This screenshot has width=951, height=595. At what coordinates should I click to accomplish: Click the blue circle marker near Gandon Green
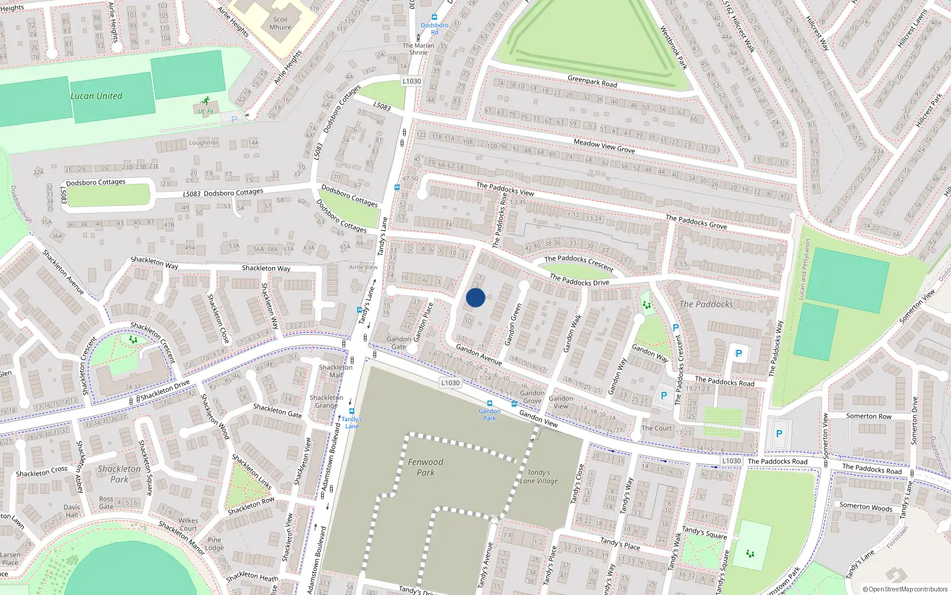pyautogui.click(x=475, y=297)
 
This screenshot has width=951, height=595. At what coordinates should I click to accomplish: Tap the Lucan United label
pyautogui.click(x=96, y=96)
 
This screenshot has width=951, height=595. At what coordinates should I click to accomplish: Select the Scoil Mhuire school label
pyautogui.click(x=280, y=23)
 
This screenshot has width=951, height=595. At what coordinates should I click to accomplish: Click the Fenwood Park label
pyautogui.click(x=426, y=467)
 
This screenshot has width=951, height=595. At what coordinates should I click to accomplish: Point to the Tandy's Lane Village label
pyautogui.click(x=539, y=477)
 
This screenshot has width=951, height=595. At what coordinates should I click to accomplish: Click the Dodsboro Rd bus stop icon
pyautogui.click(x=434, y=18)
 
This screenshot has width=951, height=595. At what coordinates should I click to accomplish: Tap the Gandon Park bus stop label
pyautogui.click(x=490, y=415)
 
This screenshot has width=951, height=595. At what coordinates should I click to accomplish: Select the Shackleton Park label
pyautogui.click(x=119, y=474)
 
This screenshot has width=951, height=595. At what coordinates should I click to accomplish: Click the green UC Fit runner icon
pyautogui.click(x=206, y=101)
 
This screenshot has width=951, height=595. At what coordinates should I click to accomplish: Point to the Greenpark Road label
pyautogui.click(x=592, y=82)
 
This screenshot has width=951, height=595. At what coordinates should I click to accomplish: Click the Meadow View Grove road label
pyautogui.click(x=604, y=146)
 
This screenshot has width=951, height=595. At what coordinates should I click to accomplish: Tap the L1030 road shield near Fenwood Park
pyautogui.click(x=451, y=383)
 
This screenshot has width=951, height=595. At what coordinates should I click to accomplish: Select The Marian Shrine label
pyautogui.click(x=418, y=49)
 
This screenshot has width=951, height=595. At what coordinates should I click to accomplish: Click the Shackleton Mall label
pyautogui.click(x=336, y=371)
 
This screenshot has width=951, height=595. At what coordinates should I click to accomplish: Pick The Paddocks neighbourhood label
pyautogui.click(x=706, y=304)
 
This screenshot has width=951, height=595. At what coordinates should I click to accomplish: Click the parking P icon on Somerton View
pyautogui.click(x=779, y=434)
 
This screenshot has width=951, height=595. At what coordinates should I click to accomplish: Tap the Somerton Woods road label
pyautogui.click(x=866, y=507)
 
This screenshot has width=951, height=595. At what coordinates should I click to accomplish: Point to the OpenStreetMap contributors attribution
pyautogui.click(x=905, y=589)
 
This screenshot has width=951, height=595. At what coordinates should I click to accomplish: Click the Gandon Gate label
pyautogui.click(x=399, y=343)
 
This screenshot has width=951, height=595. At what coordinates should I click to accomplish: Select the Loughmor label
pyautogui.click(x=204, y=143)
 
